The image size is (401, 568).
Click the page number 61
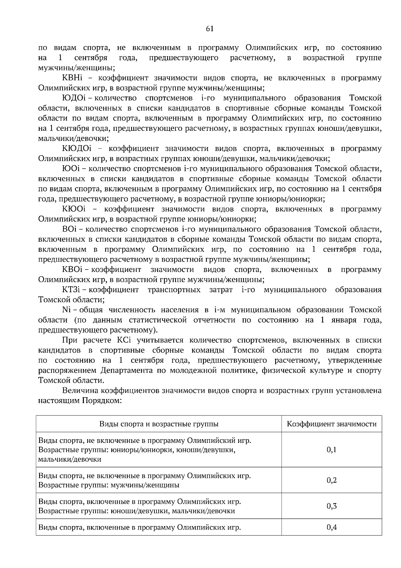click(210, 29)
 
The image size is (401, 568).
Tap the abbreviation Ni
click(66, 310)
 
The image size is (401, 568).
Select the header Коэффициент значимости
click(331, 424)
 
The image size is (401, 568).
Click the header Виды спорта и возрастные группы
click(159, 424)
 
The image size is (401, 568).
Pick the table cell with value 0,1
click(331, 450)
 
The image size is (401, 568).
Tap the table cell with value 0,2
click(331, 480)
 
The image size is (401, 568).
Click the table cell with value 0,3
click(331, 506)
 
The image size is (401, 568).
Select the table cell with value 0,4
click(331, 528)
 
